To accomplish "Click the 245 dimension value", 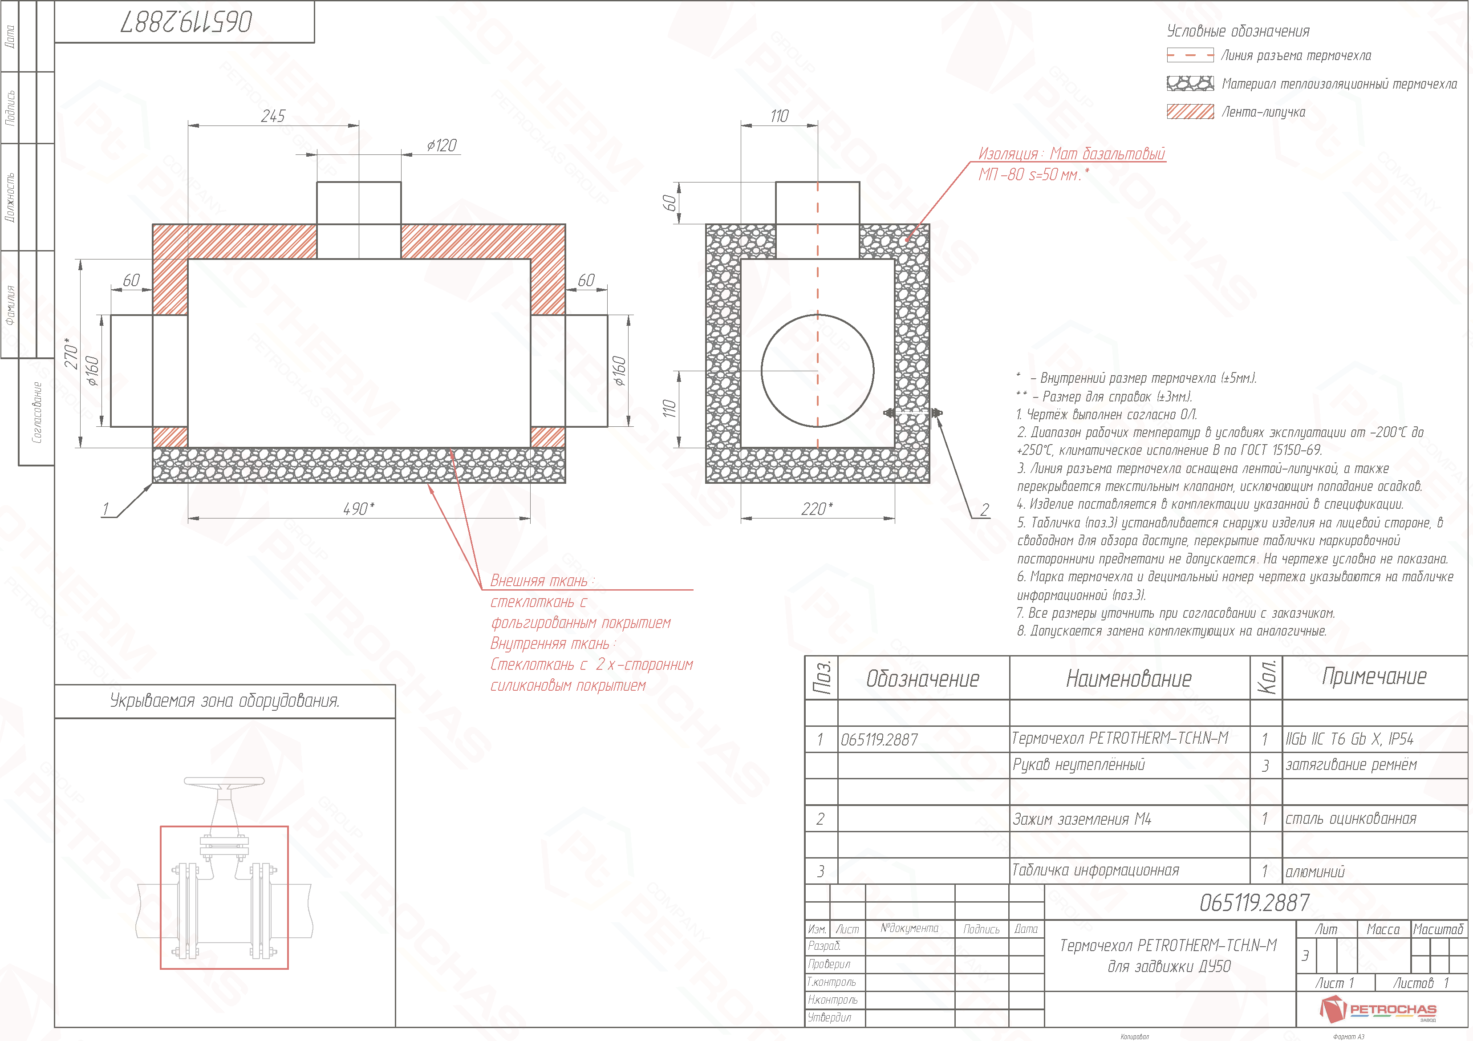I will pyautogui.click(x=273, y=116).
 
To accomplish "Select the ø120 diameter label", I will pyautogui.click(x=442, y=146).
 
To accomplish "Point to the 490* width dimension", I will pyautogui.click(x=359, y=509).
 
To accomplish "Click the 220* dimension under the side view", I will pyautogui.click(x=817, y=509).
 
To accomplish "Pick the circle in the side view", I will pyautogui.click(x=817, y=371).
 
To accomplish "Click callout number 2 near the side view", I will pyautogui.click(x=984, y=510).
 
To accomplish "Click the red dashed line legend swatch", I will pyautogui.click(x=1190, y=56).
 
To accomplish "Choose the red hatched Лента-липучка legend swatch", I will pyautogui.click(x=1190, y=112).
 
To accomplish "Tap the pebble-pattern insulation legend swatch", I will pyautogui.click(x=1190, y=83).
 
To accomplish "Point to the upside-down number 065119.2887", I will pyautogui.click(x=186, y=22).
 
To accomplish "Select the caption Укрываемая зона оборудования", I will pyautogui.click(x=224, y=701).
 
